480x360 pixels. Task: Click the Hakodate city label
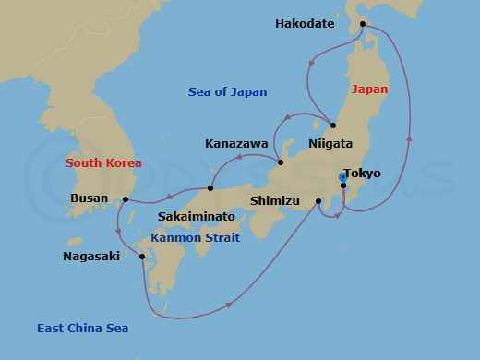[x=305, y=24]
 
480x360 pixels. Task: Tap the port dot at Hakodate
[x=363, y=24]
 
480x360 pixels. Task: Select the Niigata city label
[x=330, y=144]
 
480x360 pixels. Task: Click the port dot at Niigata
[x=332, y=126]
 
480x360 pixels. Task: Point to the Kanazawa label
[x=236, y=144]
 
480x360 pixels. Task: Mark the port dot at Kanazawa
[x=281, y=163]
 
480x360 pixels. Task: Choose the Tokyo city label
[x=362, y=173]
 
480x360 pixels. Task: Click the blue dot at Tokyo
[x=342, y=176]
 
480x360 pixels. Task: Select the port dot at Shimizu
[x=318, y=201]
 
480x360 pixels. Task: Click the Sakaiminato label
[x=196, y=216]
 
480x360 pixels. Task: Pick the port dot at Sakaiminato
[x=210, y=188]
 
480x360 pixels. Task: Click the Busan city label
[x=90, y=198]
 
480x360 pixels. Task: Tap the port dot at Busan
[x=125, y=198]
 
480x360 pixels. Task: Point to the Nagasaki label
[x=91, y=257]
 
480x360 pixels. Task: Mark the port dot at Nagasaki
[x=141, y=257]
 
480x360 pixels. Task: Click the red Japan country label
[x=370, y=90]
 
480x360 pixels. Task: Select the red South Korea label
[x=103, y=163]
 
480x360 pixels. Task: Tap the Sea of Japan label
[x=227, y=92]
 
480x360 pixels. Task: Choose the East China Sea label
[x=82, y=329]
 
